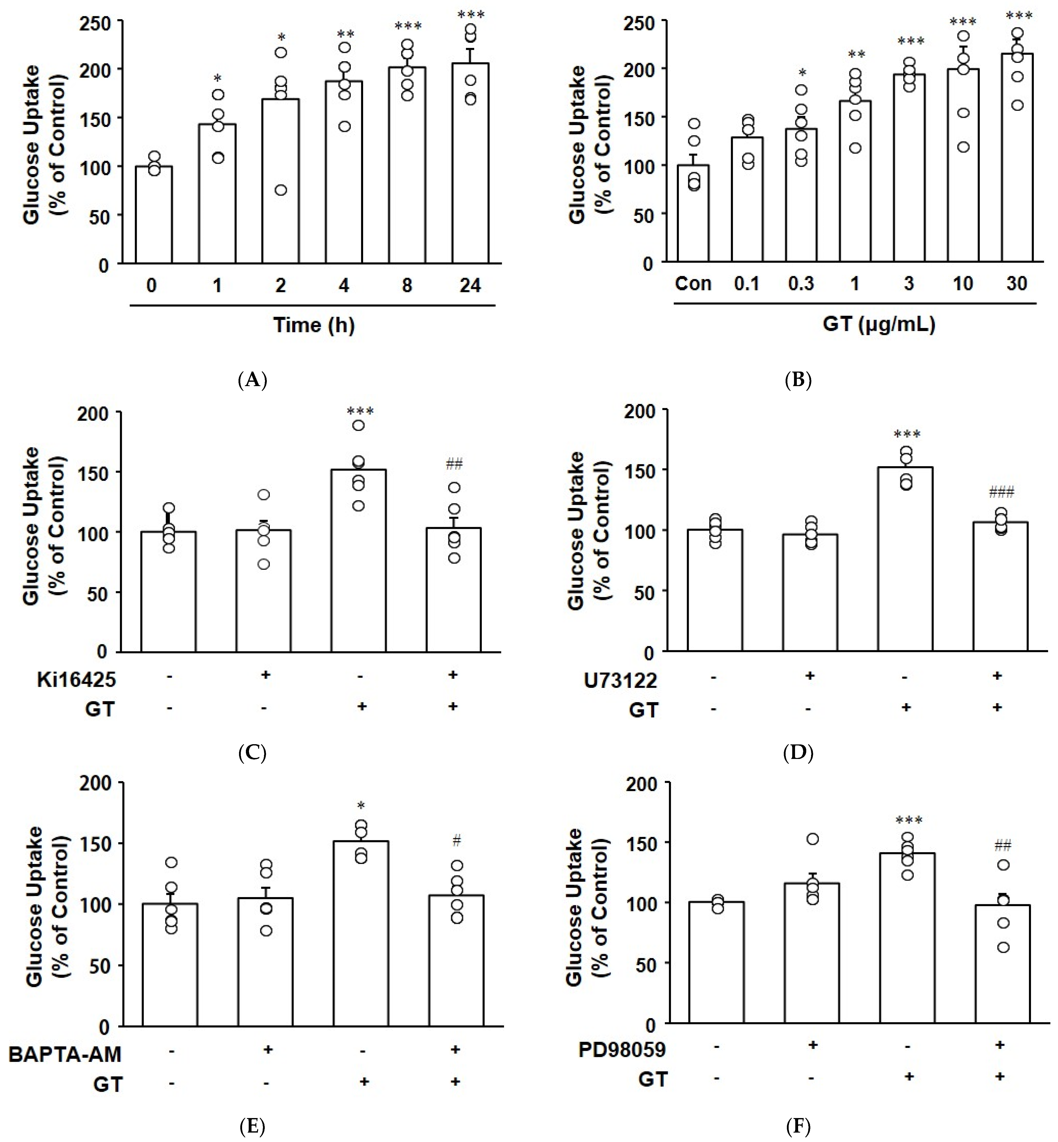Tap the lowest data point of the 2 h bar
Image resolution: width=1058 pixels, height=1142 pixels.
281,190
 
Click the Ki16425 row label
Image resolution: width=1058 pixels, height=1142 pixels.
76,680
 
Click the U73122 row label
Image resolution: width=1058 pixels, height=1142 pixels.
620,680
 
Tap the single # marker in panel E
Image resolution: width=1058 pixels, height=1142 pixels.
456,841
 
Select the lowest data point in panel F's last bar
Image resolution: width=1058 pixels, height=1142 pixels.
1003,947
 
